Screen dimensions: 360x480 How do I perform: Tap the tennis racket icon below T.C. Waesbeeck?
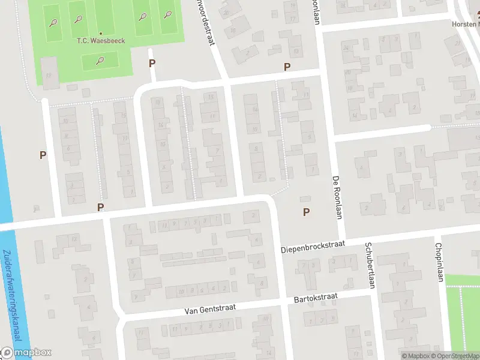pyautogui.click(x=100, y=59)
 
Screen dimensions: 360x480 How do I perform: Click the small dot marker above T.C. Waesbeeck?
pyautogui.click(x=100, y=33)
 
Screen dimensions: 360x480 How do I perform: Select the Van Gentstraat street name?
pyautogui.click(x=209, y=308)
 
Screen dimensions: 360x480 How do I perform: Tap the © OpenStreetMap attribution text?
pyautogui.click(x=454, y=356)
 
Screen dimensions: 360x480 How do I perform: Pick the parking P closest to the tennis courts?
pyautogui.click(x=152, y=63)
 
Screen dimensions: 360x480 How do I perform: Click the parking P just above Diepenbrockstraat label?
pyautogui.click(x=307, y=212)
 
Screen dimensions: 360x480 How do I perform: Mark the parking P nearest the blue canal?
pyautogui.click(x=43, y=155)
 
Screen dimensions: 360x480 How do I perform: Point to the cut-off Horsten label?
pyautogui.click(x=466, y=25)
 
